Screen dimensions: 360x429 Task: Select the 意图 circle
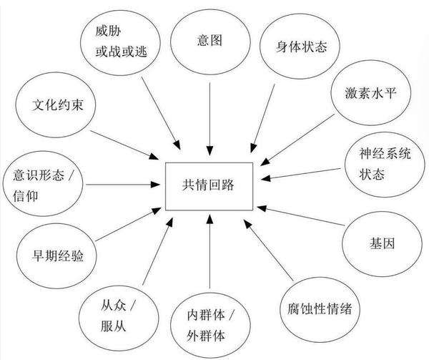coord(208,41)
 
